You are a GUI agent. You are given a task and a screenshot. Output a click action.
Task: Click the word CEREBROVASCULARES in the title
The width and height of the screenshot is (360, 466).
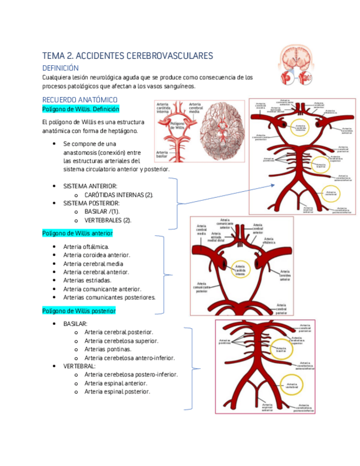click(x=162, y=56)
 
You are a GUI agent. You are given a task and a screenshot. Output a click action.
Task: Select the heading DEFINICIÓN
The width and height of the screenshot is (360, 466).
click(x=65, y=67)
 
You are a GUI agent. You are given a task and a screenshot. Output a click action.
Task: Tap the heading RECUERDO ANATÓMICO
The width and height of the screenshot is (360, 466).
click(x=80, y=99)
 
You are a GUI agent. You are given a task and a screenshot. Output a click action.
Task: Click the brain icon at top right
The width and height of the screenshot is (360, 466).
click(x=296, y=65)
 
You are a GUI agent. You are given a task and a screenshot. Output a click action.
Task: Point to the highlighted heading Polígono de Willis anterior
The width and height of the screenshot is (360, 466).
click(x=77, y=233)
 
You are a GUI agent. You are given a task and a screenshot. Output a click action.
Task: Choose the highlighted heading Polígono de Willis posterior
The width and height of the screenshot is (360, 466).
click(x=79, y=310)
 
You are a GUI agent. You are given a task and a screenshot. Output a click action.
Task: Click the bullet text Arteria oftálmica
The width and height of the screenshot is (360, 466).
click(x=86, y=247)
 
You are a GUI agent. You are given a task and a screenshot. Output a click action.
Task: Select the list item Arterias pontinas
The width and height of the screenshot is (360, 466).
click(x=108, y=349)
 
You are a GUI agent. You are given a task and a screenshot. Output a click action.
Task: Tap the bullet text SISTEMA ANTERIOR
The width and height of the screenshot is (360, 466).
click(x=90, y=186)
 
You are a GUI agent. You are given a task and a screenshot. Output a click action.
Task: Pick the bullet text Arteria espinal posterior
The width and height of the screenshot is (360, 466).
click(x=117, y=391)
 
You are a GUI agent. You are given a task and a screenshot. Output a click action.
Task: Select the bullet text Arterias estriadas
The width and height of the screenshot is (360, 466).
click(x=87, y=280)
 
